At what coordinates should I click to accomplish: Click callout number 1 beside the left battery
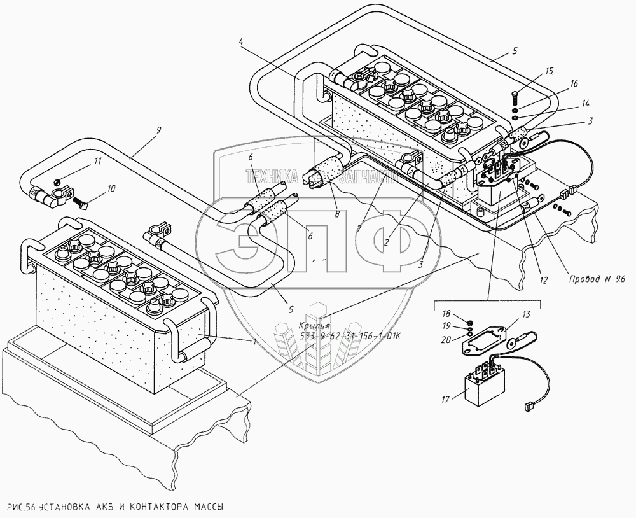[254, 342]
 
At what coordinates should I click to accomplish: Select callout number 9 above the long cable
[158, 130]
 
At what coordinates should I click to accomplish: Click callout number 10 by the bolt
[111, 189]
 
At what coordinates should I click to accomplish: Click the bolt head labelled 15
[514, 97]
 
